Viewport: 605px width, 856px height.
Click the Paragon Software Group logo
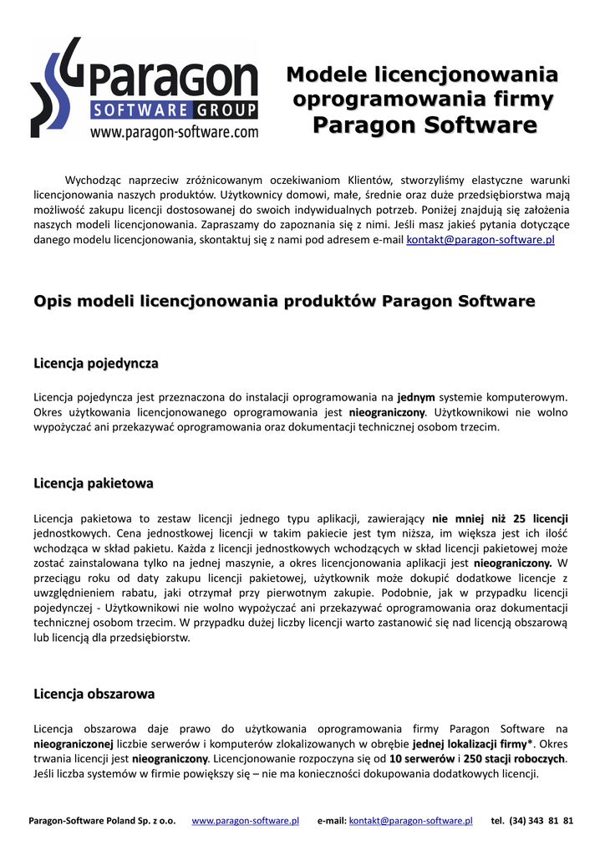coord(144,84)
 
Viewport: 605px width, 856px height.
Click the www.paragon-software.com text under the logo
coord(174,131)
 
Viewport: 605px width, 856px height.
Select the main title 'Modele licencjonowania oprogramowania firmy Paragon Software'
coord(423,100)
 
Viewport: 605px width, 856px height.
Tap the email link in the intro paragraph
coord(480,240)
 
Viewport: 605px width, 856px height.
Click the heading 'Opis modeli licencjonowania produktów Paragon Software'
coord(284,301)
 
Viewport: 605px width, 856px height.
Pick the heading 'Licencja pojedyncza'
coord(96,364)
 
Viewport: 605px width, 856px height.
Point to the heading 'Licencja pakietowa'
coord(94,483)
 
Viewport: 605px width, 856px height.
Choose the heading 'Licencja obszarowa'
coord(94,694)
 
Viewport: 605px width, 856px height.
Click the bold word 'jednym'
coord(415,397)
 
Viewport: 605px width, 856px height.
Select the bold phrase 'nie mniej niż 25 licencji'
coord(500,518)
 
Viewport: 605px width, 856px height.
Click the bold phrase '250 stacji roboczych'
coord(514,758)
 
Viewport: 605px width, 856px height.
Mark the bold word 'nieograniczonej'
coord(73,743)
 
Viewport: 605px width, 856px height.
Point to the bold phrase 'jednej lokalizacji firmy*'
coord(473,743)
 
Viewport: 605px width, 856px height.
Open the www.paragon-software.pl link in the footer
coord(246,821)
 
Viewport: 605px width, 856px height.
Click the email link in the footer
coord(410,821)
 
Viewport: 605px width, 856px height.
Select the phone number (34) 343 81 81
coord(541,821)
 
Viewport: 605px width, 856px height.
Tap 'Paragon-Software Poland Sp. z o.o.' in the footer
coord(102,821)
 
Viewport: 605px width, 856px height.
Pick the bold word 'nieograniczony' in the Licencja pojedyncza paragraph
coord(387,412)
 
